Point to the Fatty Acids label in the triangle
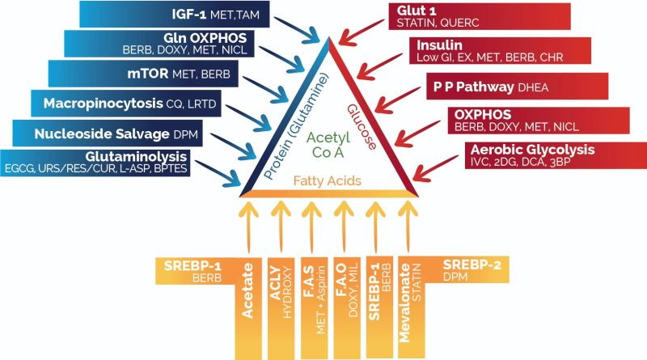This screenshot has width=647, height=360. pyautogui.click(x=328, y=181)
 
